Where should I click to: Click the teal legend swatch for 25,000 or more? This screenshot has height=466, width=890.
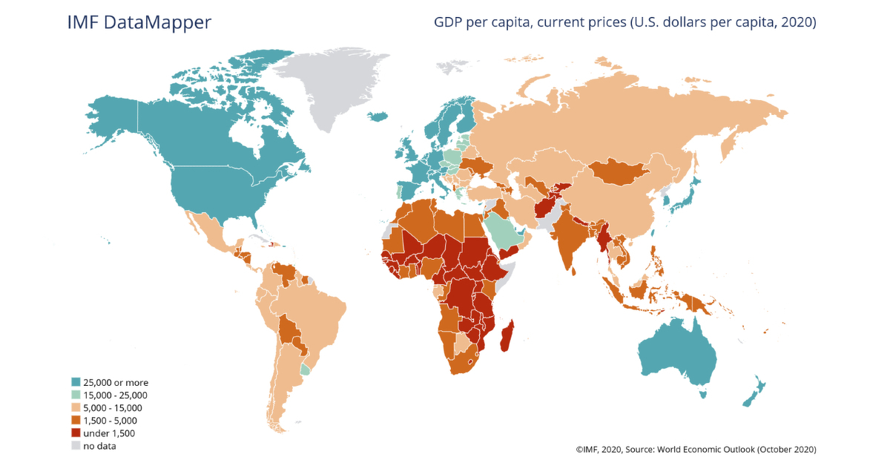(x=76, y=383)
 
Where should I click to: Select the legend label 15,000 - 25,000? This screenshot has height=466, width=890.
(x=116, y=396)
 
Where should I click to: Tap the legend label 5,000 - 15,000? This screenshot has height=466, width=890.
(x=112, y=408)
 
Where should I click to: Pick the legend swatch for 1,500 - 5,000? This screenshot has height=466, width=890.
(x=76, y=421)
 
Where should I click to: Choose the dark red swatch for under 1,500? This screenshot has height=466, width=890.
(x=76, y=433)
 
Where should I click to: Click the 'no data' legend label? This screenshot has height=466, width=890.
(x=100, y=446)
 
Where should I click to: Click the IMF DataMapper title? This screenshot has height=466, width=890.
(x=139, y=22)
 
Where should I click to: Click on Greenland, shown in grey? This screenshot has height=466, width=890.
(x=334, y=89)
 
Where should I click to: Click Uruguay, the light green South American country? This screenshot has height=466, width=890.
(x=305, y=369)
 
